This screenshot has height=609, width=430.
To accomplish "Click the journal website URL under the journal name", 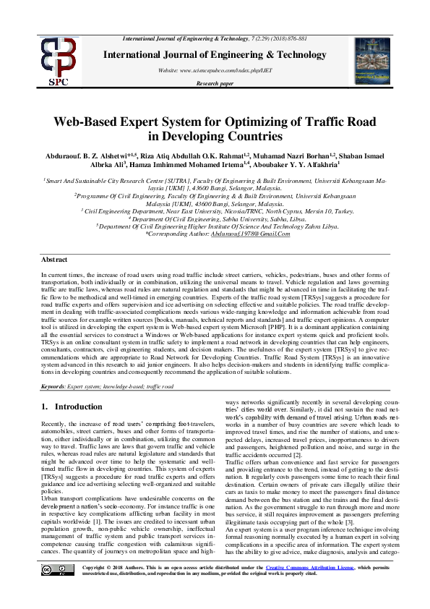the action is coord(215,72).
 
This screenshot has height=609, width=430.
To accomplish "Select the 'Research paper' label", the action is coord(215,83).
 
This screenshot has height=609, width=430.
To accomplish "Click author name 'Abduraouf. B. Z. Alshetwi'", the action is coord(85,155).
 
